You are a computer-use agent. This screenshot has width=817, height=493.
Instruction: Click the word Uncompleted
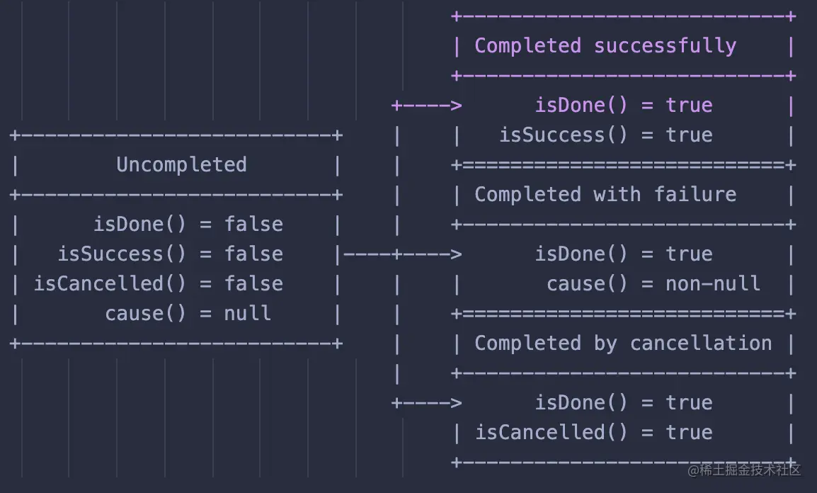[181, 165]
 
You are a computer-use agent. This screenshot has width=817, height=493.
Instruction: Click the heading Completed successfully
[605, 46]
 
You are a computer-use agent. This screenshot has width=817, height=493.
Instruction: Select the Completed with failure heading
[605, 195]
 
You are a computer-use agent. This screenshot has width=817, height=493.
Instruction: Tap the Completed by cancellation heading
[623, 344]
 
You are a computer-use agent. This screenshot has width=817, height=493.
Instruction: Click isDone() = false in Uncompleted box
[188, 225]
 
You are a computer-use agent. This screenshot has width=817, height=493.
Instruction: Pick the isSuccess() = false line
[170, 254]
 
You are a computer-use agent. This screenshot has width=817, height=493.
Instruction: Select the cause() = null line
[188, 314]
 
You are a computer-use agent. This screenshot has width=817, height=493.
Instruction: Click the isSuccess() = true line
[605, 135]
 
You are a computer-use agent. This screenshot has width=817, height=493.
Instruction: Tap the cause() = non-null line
[653, 284]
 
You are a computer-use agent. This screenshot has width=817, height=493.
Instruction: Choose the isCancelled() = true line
[593, 433]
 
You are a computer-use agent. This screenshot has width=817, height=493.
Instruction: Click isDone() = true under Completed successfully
[623, 106]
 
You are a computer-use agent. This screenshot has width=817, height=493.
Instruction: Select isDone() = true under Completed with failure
[623, 254]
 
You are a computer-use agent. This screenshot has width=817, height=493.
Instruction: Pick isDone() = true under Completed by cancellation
[623, 403]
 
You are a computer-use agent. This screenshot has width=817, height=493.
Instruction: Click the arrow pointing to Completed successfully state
[428, 106]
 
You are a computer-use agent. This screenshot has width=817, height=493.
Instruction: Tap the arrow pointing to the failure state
[428, 254]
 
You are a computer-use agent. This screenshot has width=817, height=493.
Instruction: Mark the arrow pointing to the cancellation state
[428, 403]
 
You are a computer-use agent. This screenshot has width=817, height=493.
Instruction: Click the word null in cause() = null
[247, 314]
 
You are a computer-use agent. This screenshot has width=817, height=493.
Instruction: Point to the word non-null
[712, 284]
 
